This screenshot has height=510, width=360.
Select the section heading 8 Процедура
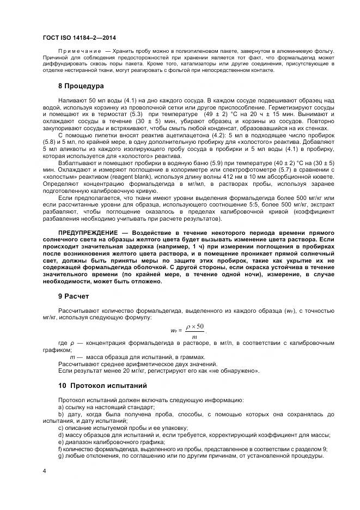[81, 86]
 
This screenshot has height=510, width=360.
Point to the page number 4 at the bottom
[44, 470]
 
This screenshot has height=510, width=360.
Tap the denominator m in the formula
[194, 336]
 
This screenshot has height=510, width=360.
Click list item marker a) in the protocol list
[60, 407]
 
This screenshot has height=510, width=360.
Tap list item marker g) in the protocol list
[60, 456]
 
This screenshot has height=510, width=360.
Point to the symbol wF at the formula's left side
[174, 331]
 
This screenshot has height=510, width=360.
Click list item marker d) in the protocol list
[60, 435]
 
